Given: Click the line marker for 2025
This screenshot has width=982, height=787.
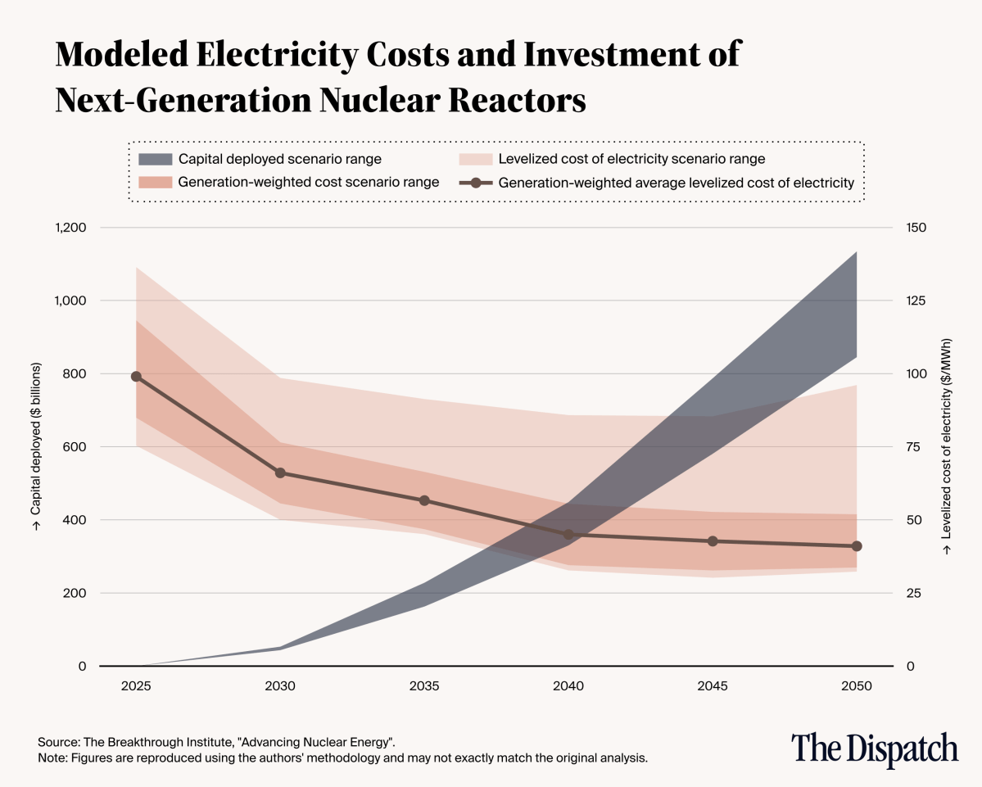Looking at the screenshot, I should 136,377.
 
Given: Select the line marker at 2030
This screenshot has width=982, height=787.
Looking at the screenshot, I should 280,473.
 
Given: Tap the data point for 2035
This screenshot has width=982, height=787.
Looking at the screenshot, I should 424,500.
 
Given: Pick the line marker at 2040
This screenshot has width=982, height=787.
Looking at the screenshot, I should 568,535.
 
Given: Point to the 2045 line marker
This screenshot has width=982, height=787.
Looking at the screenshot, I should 713,541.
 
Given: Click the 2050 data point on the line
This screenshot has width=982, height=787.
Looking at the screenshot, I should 857,546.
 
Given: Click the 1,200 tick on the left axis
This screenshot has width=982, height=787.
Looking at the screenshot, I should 70,228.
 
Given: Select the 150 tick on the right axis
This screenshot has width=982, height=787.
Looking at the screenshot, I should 916,228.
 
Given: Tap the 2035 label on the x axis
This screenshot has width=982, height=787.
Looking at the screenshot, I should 424,686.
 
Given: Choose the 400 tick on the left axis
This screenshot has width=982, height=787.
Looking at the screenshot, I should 75,520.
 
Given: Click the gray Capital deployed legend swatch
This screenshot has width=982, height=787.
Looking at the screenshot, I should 155,159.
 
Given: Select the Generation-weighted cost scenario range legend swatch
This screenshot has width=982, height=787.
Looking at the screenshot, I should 155,183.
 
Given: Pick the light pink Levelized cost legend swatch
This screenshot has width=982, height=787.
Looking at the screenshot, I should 474,159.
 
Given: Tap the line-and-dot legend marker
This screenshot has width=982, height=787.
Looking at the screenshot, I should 474,183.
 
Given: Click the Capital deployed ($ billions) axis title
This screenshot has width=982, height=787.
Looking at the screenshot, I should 36,446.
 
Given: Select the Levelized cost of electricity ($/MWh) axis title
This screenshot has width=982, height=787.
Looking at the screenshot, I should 947,446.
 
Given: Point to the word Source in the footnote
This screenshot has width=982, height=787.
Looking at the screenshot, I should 57,742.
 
